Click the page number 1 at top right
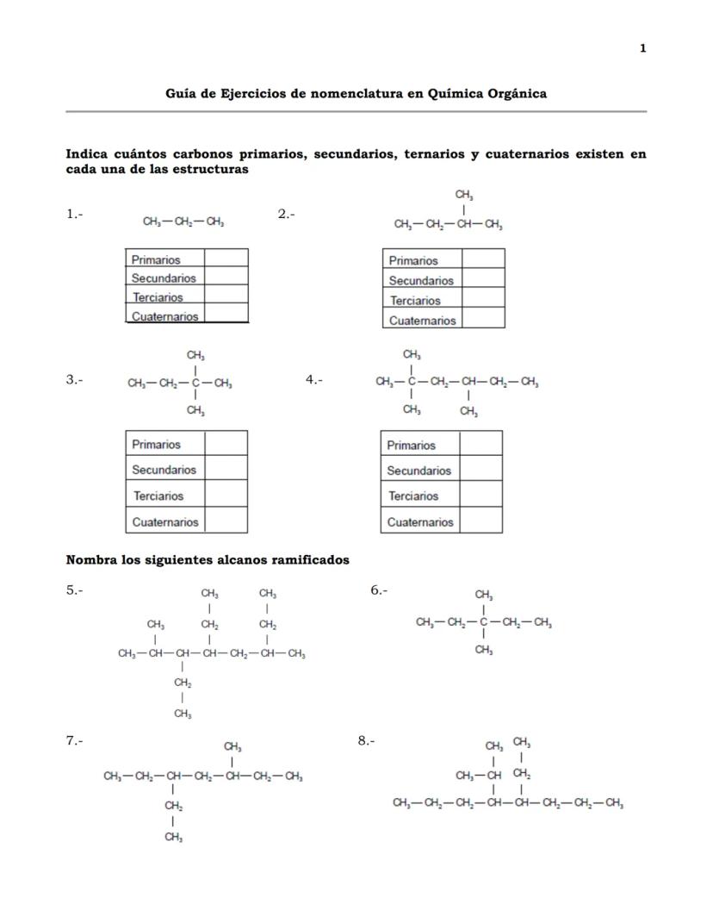642,48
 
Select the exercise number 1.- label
75,214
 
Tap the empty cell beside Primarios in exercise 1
226,259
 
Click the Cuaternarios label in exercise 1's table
164,316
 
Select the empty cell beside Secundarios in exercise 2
483,280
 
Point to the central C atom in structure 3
196,384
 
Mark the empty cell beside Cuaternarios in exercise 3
226,521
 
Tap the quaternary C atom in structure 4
412,382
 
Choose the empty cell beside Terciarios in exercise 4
480,496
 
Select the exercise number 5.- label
75,590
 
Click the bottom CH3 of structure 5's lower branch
183,714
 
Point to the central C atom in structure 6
484,623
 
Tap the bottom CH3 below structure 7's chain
174,837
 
